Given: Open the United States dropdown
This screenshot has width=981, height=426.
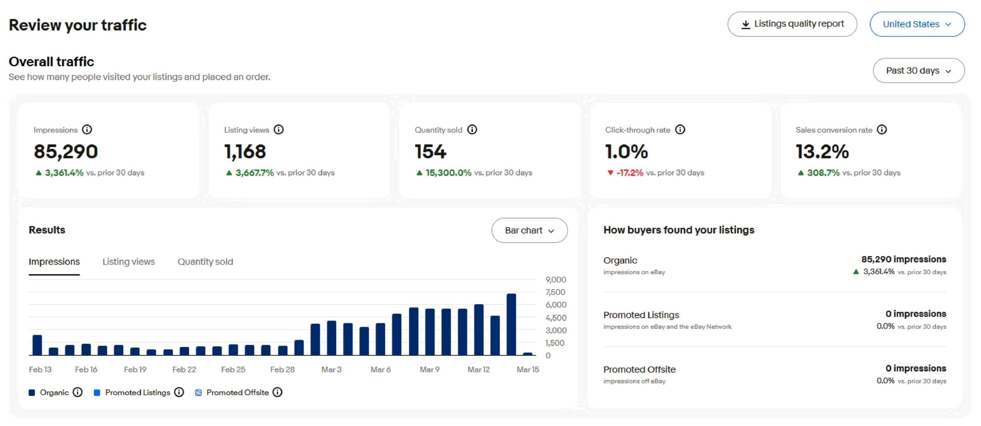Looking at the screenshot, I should click(x=917, y=24).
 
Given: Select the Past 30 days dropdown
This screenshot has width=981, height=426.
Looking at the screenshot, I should click(x=918, y=71).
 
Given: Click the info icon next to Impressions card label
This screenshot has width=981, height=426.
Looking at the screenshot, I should click(x=87, y=130).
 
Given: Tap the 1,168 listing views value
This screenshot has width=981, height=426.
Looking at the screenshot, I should click(x=245, y=152).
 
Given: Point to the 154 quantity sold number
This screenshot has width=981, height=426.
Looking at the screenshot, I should click(x=430, y=152).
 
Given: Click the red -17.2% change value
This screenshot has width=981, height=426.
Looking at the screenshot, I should click(x=629, y=173).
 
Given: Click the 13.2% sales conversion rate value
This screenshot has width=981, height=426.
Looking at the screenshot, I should click(x=822, y=152).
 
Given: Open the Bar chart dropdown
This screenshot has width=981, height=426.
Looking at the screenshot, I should click(x=529, y=230).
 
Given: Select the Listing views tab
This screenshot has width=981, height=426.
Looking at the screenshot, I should click(x=129, y=262).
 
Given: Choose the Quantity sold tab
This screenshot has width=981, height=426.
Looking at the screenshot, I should click(x=205, y=262).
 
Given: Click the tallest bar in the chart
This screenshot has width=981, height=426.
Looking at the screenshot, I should click(x=511, y=324).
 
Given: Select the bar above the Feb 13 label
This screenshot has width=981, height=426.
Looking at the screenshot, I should click(x=37, y=345).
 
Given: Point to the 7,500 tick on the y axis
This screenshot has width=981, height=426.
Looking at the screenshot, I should click(x=555, y=292).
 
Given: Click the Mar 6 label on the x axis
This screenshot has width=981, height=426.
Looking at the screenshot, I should click(x=380, y=370).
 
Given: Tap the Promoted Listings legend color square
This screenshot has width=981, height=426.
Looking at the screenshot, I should click(x=97, y=392).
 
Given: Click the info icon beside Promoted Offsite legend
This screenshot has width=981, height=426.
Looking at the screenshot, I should click(x=278, y=392).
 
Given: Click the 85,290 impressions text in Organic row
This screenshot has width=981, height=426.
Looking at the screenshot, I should click(x=903, y=260).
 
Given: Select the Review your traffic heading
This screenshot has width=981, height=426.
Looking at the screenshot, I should click(x=78, y=25).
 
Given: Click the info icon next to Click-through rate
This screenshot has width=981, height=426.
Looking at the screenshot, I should click(x=680, y=130).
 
